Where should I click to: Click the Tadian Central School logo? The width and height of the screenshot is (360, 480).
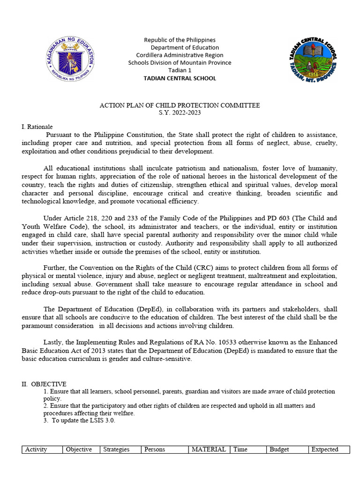(x=313, y=61)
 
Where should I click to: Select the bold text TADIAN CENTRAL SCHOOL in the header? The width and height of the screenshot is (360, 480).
(x=180, y=78)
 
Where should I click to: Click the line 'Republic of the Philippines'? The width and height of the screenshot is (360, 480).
(x=180, y=40)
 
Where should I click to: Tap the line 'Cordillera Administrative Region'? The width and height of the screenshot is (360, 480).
(x=180, y=55)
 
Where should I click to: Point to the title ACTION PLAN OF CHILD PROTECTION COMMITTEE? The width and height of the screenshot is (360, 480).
(x=180, y=105)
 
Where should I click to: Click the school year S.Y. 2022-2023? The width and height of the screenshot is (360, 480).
(x=180, y=113)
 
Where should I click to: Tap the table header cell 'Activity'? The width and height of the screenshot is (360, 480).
(x=36, y=450)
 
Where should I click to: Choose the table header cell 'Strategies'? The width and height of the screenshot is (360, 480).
(x=116, y=450)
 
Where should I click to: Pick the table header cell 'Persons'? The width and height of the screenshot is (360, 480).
(x=155, y=450)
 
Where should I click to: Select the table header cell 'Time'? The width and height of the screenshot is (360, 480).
(x=240, y=450)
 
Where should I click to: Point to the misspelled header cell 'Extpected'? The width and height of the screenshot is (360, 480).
(x=324, y=450)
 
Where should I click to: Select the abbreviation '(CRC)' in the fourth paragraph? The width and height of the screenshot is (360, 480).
(x=194, y=268)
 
